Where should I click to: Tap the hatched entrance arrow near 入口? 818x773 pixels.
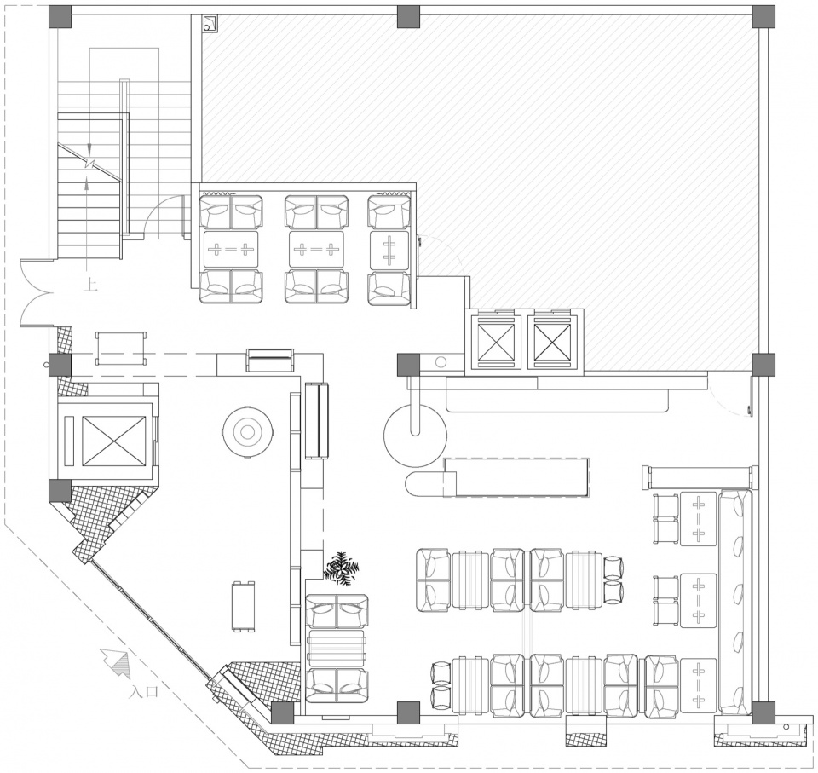[116, 661]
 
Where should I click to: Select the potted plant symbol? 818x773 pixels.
[341, 568]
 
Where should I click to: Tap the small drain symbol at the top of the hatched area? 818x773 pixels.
[210, 24]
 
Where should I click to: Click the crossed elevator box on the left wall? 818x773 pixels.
[113, 441]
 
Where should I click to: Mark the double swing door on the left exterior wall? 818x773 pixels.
[36, 291]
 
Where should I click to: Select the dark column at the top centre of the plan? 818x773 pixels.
[408, 17]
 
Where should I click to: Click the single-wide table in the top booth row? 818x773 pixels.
[389, 250]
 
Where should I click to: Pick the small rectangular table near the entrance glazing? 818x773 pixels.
[244, 605]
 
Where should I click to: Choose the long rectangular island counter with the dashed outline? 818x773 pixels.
[516, 477]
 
